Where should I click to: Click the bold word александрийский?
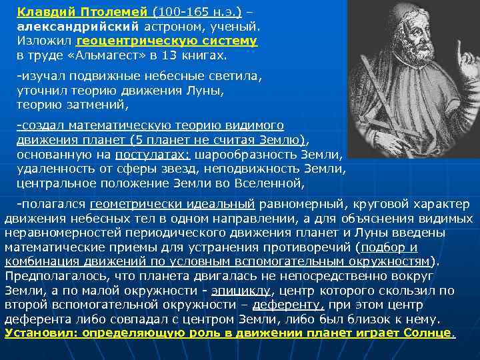[77, 27]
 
